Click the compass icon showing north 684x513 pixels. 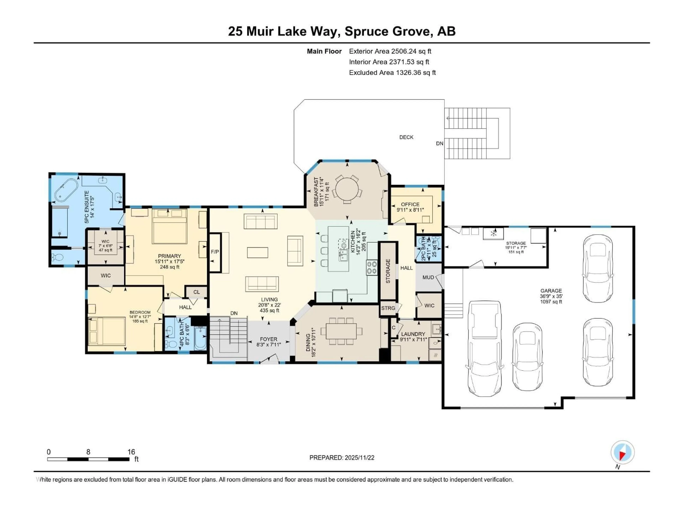[x=623, y=452]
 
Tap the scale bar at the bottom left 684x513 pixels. [x=88, y=459]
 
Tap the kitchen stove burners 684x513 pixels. [x=372, y=268]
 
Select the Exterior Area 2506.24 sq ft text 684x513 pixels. [x=390, y=51]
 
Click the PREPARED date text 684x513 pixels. [x=342, y=458]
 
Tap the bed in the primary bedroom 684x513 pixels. [x=169, y=227]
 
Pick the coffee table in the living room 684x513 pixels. [x=258, y=253]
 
